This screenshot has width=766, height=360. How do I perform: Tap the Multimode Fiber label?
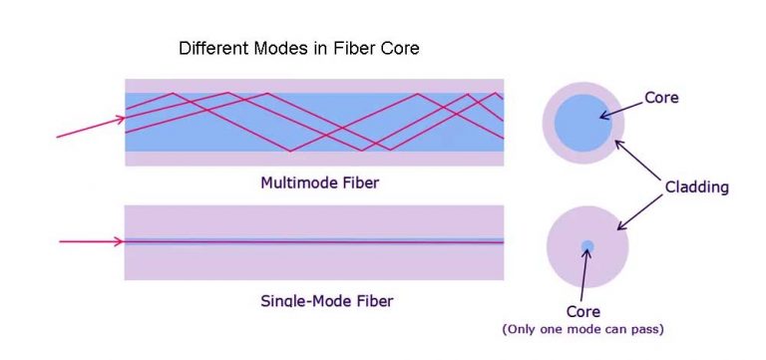click(319, 182)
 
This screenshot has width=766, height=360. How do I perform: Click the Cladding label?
click(697, 186)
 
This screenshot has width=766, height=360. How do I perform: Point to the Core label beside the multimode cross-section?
click(661, 98)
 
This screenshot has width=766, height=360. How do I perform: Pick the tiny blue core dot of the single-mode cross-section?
click(587, 245)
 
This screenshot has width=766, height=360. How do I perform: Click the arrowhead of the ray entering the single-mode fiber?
click(121, 241)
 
